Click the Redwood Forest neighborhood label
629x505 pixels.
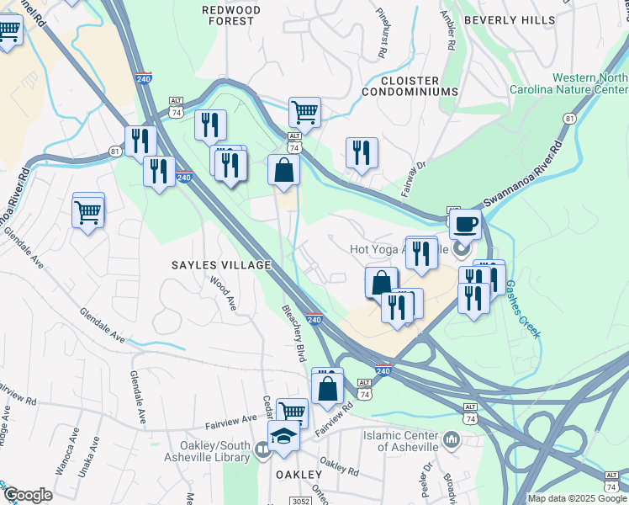pos(229,14)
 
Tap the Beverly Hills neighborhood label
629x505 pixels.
pos(510,19)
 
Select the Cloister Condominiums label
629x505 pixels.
pos(410,84)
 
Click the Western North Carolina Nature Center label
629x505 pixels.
pos(568,84)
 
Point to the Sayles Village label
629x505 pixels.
pos(222,265)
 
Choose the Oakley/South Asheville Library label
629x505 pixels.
pos(214,451)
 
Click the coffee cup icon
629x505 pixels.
pos(464,225)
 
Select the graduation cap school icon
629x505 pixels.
pos(284,437)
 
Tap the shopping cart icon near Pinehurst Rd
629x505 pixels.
pos(304,111)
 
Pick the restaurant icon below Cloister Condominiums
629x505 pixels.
pos(362,152)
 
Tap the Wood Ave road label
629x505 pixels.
pos(224,294)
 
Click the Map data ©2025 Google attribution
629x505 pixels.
pos(578,498)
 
